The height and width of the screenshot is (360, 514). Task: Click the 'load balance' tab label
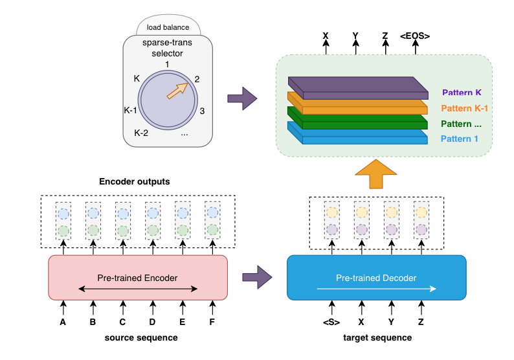(x=167, y=27)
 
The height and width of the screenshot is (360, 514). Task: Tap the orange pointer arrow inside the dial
(x=177, y=91)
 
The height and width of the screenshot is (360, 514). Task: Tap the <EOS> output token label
(x=415, y=36)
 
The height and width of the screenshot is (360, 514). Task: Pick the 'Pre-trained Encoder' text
(x=137, y=278)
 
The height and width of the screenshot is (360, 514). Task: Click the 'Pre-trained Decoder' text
(x=375, y=278)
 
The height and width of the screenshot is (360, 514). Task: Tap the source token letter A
(x=63, y=322)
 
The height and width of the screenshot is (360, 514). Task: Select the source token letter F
(x=212, y=322)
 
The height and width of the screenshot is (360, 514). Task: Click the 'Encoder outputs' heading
(x=134, y=182)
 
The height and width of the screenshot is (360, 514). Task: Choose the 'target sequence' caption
(x=376, y=337)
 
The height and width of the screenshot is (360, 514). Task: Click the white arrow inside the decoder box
(x=376, y=289)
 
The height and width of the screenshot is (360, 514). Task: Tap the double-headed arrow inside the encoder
(x=137, y=289)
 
